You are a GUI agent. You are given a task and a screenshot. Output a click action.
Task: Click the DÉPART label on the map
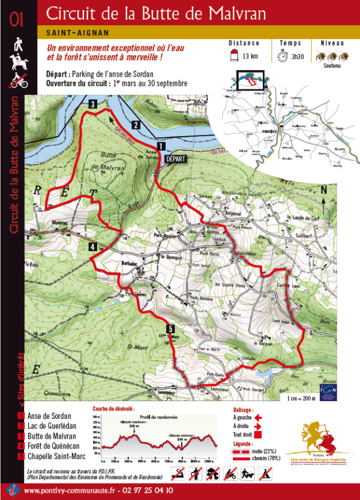(x=176, y=159)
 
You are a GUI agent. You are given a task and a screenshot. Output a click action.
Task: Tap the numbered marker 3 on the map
(x=93, y=104)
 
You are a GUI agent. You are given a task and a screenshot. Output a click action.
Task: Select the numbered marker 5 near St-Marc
(x=171, y=329)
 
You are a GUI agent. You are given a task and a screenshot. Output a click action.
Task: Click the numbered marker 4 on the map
(x=93, y=246)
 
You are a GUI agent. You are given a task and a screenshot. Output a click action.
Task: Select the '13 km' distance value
(x=250, y=56)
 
